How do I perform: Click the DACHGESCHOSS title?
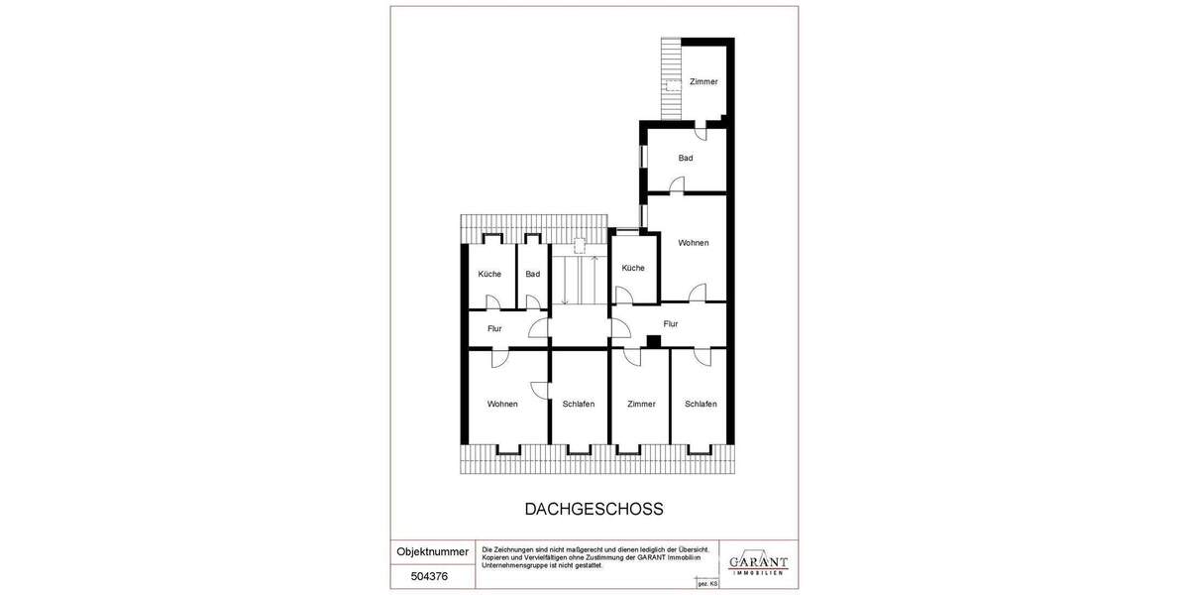pyautogui.click(x=594, y=509)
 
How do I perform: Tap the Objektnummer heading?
pyautogui.click(x=432, y=551)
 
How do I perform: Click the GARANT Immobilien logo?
pyautogui.click(x=758, y=562)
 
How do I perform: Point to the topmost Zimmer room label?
pyautogui.click(x=703, y=81)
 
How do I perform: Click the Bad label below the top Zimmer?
pyautogui.click(x=686, y=158)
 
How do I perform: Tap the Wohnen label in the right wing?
pyautogui.click(x=694, y=243)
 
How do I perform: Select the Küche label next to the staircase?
pyautogui.click(x=633, y=268)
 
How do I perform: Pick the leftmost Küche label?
pyautogui.click(x=489, y=274)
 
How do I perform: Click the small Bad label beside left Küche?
pyautogui.click(x=533, y=274)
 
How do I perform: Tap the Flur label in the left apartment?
pyautogui.click(x=494, y=328)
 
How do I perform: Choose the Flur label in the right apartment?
pyautogui.click(x=671, y=323)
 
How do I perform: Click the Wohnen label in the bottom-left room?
pyautogui.click(x=502, y=404)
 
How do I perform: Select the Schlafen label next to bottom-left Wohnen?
pyautogui.click(x=578, y=404)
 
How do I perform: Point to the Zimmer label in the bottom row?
pyautogui.click(x=641, y=404)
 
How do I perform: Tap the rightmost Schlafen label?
pyautogui.click(x=701, y=404)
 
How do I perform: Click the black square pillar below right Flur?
pyautogui.click(x=653, y=342)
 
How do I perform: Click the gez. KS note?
pyautogui.click(x=707, y=584)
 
